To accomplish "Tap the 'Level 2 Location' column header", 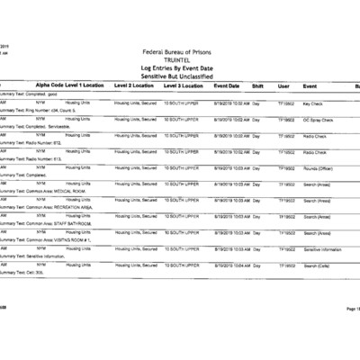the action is (134, 85).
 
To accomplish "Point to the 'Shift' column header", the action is (257, 85).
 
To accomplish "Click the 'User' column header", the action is (283, 85).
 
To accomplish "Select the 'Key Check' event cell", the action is (314, 104).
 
